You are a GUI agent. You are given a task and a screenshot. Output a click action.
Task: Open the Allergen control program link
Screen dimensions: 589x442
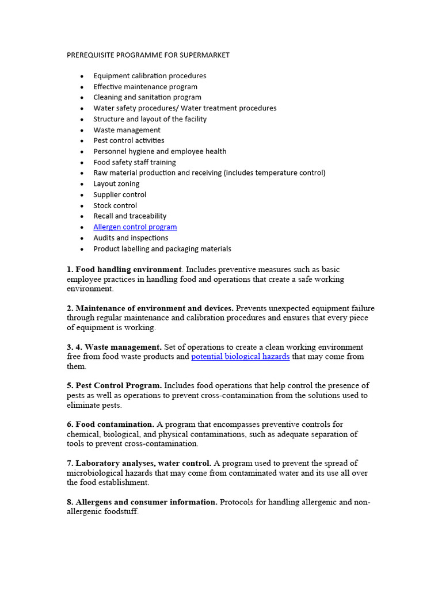tap(135, 227)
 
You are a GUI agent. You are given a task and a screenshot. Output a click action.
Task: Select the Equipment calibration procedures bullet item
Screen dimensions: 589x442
tap(150, 76)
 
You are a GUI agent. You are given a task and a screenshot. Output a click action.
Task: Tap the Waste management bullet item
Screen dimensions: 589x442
tap(127, 130)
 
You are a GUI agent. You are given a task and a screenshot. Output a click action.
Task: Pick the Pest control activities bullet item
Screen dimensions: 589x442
tap(129, 140)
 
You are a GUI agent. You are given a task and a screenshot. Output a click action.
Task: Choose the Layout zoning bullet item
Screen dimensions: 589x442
tap(116, 184)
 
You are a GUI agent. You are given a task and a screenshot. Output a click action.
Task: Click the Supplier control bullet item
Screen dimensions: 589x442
tap(120, 195)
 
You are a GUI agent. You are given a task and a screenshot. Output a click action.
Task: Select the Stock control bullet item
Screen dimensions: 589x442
tap(115, 206)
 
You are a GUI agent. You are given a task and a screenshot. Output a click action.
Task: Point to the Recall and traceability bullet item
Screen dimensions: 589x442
tap(130, 216)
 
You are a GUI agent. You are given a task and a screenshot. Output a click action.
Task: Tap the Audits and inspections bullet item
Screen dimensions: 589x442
tap(131, 238)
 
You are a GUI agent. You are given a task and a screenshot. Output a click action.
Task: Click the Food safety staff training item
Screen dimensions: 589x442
tap(135, 163)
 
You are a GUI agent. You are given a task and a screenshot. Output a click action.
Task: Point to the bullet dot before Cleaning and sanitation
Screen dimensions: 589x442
tap(82, 98)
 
